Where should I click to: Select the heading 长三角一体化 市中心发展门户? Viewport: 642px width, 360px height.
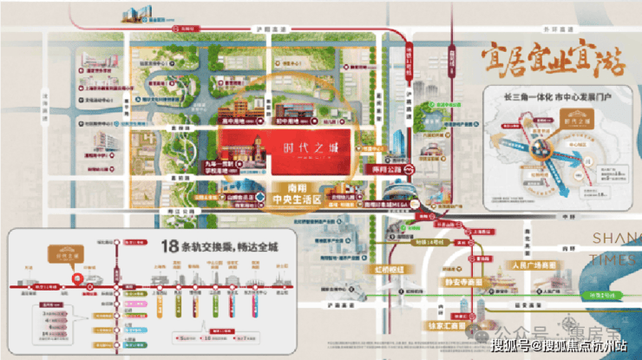[x=540, y=98]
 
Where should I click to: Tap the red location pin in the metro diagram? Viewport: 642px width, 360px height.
[x=78, y=279]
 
